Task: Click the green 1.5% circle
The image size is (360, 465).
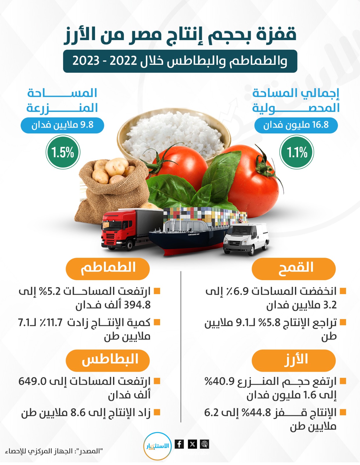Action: (x=63, y=152)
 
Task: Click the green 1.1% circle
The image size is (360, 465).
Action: (x=297, y=152)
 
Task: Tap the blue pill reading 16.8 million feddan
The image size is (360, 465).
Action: (x=296, y=125)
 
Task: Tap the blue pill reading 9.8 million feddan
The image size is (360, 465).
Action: (x=62, y=125)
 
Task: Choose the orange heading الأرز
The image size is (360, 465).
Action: (x=293, y=360)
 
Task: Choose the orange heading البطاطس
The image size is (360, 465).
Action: (x=108, y=360)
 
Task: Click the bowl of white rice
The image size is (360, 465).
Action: (x=174, y=136)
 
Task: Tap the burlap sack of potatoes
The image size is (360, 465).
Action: (x=113, y=186)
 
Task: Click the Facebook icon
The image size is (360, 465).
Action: (x=179, y=444)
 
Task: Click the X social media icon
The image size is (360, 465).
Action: (x=192, y=444)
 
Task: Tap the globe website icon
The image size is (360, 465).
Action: (x=205, y=444)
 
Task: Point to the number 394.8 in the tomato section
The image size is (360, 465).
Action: (x=137, y=305)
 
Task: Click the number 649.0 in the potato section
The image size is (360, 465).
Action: (x=33, y=381)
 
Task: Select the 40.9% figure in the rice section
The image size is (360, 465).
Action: (x=220, y=381)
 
